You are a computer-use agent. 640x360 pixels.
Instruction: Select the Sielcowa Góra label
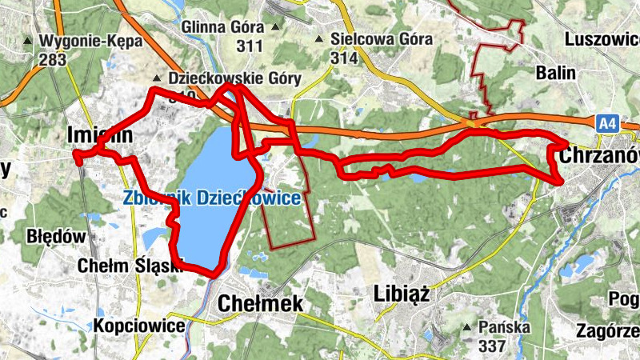[373, 39]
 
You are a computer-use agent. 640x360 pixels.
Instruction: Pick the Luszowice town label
[601, 38]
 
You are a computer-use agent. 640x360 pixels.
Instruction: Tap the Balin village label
[556, 73]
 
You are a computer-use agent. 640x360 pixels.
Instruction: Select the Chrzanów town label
[601, 155]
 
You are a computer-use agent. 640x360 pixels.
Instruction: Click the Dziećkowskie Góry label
[234, 78]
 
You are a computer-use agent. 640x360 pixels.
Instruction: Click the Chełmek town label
[261, 303]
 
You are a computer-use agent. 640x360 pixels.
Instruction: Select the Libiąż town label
[402, 294]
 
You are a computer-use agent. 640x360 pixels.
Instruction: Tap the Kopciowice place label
[139, 326]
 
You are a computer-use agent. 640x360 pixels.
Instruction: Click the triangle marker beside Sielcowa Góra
[320, 39]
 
